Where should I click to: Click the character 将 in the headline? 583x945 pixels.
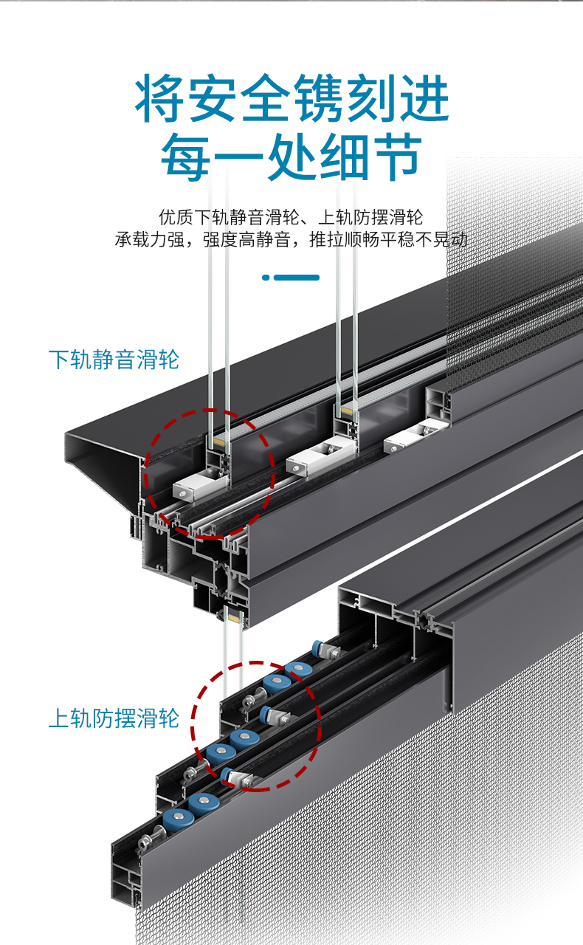[x=160, y=98]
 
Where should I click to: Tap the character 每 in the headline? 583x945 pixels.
[x=186, y=157]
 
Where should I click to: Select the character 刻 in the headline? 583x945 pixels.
[x=371, y=98]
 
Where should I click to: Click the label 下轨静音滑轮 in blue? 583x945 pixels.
[x=114, y=360]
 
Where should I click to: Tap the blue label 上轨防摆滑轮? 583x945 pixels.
[x=114, y=718]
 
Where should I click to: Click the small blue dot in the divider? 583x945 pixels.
[x=266, y=277]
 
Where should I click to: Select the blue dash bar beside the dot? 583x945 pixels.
[x=297, y=277]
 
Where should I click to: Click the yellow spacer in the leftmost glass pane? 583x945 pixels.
[x=219, y=441]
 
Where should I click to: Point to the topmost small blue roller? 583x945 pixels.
[x=317, y=647]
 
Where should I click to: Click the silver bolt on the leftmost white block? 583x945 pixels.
[x=183, y=493]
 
